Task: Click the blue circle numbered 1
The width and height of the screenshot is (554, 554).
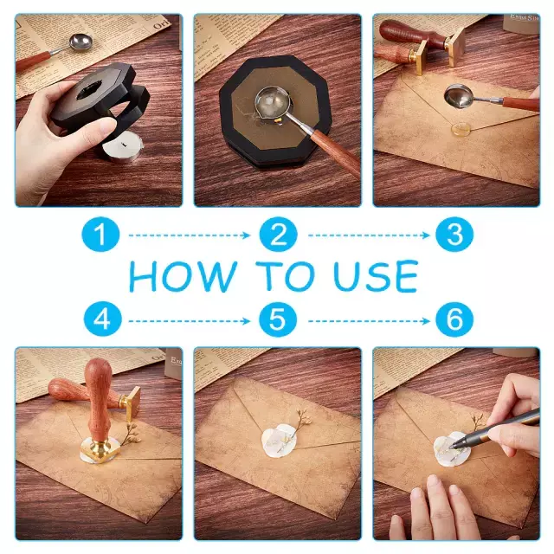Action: (x=100, y=235)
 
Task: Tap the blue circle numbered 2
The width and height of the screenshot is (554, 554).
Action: (x=278, y=235)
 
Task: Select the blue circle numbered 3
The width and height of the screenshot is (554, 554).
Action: (x=454, y=235)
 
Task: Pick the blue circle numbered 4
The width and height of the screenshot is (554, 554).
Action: (x=102, y=319)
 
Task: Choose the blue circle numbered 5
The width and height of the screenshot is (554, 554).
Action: (x=278, y=319)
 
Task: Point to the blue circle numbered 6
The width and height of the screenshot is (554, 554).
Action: (x=454, y=319)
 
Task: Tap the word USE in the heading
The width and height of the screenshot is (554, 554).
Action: (x=376, y=276)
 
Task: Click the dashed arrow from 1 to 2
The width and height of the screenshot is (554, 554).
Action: (x=189, y=235)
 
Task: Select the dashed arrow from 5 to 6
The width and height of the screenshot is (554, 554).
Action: (x=369, y=321)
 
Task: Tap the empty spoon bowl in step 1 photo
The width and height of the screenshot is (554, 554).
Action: (x=81, y=42)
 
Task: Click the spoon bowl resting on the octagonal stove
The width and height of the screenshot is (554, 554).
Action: (x=273, y=105)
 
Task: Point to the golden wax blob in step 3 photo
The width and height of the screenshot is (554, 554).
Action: (x=462, y=129)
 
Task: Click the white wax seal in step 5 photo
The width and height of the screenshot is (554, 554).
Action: (x=279, y=441)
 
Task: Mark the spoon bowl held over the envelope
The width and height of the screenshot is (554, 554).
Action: (x=460, y=95)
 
